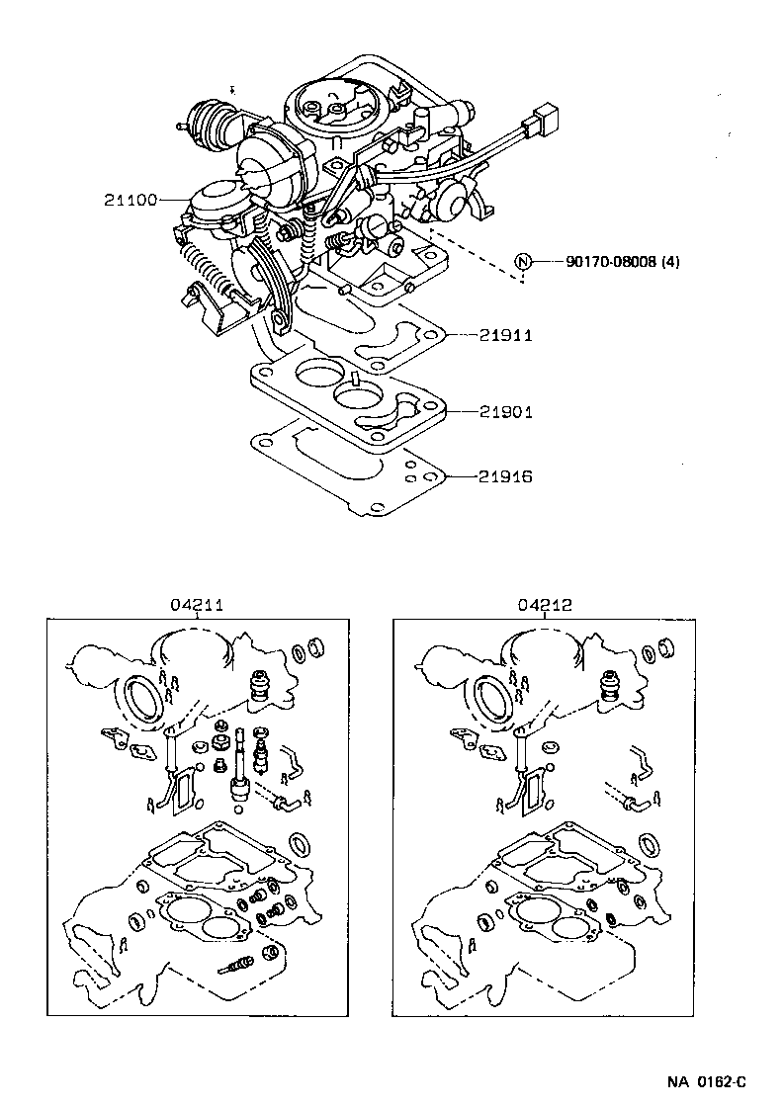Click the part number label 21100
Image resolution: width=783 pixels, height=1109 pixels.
click(130, 200)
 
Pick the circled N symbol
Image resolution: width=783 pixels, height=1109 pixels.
click(523, 262)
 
